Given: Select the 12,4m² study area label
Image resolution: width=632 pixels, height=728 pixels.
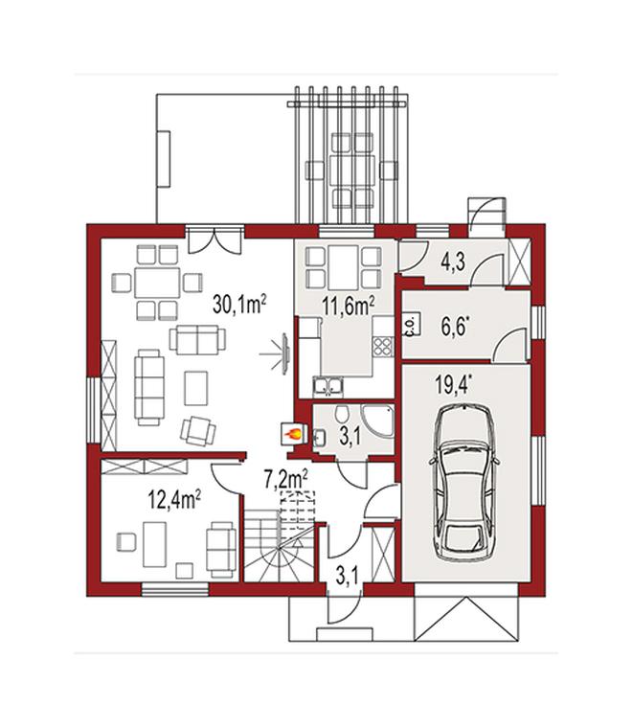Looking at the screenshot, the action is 174,500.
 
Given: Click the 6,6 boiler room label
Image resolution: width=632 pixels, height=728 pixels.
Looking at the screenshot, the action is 454,327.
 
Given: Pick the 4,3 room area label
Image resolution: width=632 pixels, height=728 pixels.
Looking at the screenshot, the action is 452,262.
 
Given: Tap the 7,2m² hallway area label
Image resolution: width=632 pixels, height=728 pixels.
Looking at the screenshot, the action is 286,479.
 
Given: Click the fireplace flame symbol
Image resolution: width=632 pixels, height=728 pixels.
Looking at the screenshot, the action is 293,434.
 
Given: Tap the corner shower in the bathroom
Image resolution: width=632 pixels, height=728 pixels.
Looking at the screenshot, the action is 377,421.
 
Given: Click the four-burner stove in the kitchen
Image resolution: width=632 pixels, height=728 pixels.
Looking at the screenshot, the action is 383,346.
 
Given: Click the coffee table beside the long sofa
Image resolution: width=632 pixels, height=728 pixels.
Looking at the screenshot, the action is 195,388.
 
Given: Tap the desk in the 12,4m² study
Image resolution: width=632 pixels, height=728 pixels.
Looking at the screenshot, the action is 154,544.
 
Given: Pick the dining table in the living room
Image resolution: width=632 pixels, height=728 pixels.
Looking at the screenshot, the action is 157,283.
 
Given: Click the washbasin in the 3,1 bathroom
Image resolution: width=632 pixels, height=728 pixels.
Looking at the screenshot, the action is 319,438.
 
